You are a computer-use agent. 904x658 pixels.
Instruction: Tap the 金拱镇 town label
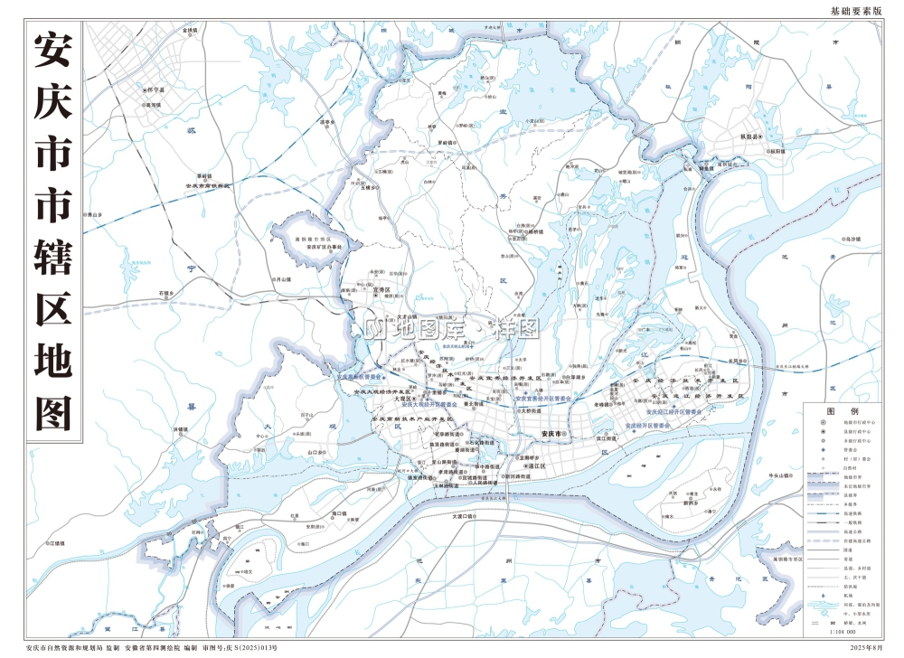click(190, 31)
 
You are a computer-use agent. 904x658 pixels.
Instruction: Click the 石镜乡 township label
click(165, 294)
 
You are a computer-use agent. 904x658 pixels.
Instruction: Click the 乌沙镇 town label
click(849, 239)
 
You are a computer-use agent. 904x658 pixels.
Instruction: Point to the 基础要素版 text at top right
click(854, 11)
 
